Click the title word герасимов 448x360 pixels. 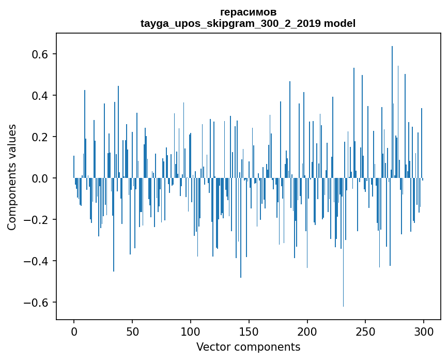coord(248,12)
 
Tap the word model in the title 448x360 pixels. coord(339,23)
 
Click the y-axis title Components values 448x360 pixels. coord(12,177)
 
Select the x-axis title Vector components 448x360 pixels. coord(248,347)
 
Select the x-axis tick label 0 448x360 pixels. coord(74,331)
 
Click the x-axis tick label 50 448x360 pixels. coord(132,331)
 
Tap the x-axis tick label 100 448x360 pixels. coord(191,331)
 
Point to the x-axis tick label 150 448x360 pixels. coord(249,331)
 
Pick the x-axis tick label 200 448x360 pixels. coord(307,331)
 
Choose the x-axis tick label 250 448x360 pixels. coord(366,331)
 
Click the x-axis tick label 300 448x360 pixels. coord(424,331)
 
